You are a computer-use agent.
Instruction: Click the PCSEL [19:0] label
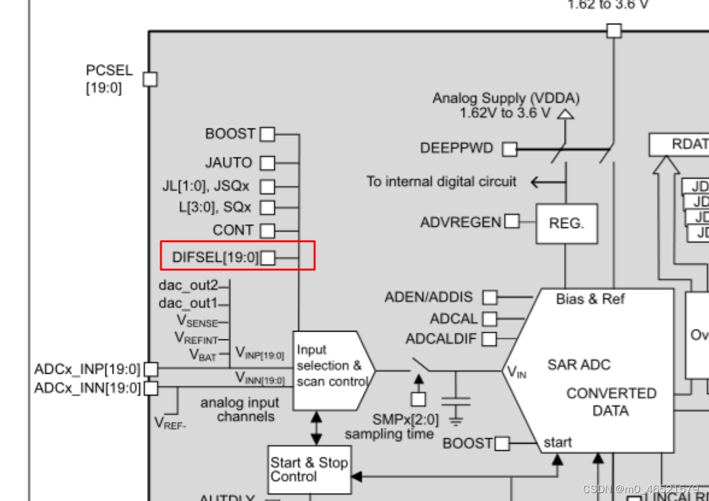(109, 78)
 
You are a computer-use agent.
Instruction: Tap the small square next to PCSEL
(150, 79)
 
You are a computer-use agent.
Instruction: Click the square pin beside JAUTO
(267, 162)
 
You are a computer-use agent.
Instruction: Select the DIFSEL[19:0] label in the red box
(215, 257)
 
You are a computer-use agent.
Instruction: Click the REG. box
(567, 223)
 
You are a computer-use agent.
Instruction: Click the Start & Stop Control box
(309, 469)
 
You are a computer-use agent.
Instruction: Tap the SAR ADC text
(578, 365)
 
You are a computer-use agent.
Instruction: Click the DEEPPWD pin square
(509, 149)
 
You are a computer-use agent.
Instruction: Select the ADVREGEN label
(460, 222)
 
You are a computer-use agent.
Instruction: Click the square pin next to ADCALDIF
(489, 339)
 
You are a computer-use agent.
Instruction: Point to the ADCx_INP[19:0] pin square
(151, 369)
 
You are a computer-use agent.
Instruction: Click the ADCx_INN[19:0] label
(87, 388)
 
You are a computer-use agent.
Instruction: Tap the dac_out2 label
(187, 285)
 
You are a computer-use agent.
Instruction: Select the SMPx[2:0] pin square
(418, 399)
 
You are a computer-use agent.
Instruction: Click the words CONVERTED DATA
(611, 402)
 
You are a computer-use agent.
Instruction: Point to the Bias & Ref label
(590, 299)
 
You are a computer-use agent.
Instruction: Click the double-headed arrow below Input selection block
(317, 428)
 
